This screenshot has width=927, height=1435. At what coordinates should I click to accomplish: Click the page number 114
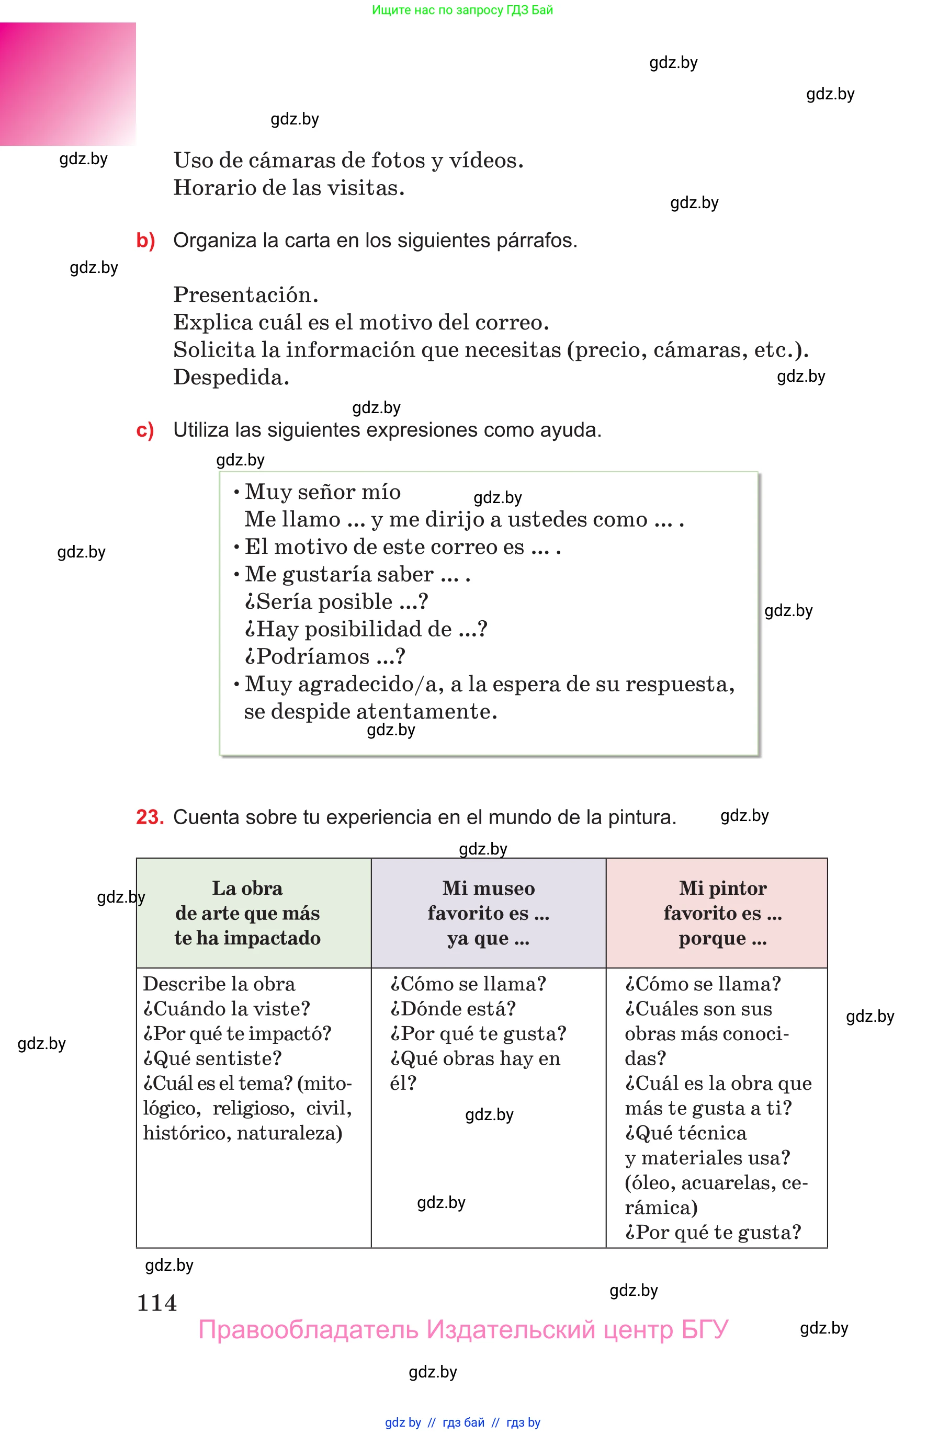click(156, 1303)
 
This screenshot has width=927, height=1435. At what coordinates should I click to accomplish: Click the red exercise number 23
click(149, 817)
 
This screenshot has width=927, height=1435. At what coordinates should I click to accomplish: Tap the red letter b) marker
click(145, 241)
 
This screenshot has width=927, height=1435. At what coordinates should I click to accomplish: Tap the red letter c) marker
click(145, 430)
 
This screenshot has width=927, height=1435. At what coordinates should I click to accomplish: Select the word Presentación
click(245, 295)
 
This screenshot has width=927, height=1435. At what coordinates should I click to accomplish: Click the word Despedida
click(231, 377)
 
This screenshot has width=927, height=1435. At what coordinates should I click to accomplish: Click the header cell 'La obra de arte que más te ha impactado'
click(247, 913)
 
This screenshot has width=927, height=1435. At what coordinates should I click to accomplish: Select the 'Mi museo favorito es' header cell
click(488, 913)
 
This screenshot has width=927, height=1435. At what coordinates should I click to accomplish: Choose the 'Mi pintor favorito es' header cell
click(722, 913)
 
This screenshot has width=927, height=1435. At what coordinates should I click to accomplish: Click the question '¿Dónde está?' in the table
click(453, 1009)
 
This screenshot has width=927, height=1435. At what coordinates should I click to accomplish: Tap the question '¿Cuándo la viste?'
click(227, 1009)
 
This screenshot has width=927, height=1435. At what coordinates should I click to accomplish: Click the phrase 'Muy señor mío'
click(323, 492)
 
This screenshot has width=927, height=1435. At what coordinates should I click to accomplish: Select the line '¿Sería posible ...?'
click(336, 602)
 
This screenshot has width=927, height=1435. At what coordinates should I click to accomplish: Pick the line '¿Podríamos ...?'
click(324, 656)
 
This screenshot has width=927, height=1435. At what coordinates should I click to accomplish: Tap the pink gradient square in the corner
click(67, 84)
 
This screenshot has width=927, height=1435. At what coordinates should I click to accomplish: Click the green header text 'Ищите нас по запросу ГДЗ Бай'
click(462, 10)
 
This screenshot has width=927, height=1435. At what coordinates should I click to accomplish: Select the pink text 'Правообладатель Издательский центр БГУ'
click(463, 1330)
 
